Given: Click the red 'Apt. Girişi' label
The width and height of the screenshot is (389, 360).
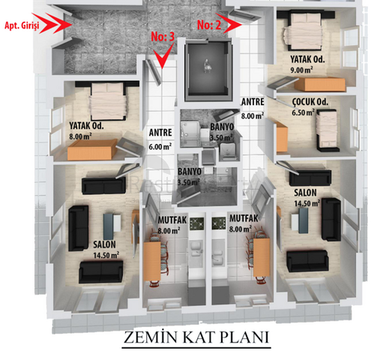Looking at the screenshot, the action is coord(22,25).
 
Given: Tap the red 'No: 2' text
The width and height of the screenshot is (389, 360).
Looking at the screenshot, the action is coord(209,25).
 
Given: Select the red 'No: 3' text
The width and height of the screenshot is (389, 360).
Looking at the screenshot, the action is coord(163,37).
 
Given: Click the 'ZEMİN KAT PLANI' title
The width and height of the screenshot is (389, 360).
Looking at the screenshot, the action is coord(196,337).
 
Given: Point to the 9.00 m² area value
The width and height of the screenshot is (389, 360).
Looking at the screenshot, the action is coord(301,70).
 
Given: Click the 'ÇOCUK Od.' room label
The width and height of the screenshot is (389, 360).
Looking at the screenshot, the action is coord(310,102).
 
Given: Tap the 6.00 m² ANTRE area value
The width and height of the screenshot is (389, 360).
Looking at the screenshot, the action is coord(160,146).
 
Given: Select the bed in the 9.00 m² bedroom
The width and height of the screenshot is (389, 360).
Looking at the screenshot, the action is coord(303,30).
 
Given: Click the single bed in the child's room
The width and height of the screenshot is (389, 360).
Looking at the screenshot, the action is coord(327,130).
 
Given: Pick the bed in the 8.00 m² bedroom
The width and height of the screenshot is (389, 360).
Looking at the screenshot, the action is coord(108,101).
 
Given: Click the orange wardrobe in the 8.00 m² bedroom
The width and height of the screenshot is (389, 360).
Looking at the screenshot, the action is coord(92,149).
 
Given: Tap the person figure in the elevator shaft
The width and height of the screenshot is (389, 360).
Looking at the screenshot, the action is coord(207,66).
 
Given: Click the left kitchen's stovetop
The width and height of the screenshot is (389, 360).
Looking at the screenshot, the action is coord(196,223).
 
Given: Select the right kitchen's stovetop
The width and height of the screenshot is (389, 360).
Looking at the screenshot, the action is coord(219,223).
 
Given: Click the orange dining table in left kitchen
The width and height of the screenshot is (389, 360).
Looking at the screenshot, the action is coord(152,261).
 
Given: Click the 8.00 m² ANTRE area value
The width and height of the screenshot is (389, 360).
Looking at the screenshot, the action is coord(253,115).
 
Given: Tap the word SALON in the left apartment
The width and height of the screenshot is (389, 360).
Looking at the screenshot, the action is coord(104,244).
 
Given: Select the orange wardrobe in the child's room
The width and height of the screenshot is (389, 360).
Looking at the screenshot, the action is coord(282,137).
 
